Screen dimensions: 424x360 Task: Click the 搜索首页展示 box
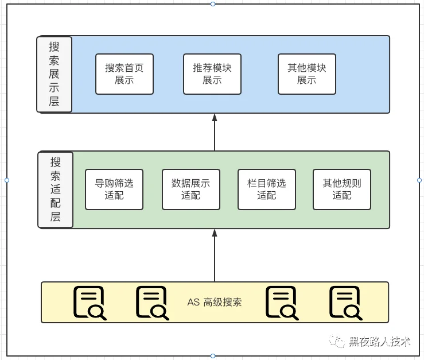click(x=125, y=74)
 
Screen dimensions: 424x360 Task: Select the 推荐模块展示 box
click(x=212, y=74)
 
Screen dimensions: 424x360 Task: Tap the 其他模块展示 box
click(x=307, y=74)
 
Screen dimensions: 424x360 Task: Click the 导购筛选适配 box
click(x=114, y=189)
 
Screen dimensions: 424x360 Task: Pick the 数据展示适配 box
click(x=191, y=189)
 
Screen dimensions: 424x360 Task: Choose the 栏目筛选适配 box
click(x=267, y=189)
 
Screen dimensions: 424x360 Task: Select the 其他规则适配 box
click(x=342, y=189)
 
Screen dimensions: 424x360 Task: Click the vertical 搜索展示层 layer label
click(x=54, y=74)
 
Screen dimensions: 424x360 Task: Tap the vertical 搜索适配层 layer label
click(x=56, y=189)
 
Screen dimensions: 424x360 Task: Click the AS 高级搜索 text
click(x=215, y=302)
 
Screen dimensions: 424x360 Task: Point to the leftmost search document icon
click(x=90, y=303)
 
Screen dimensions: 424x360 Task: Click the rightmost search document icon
click(x=346, y=303)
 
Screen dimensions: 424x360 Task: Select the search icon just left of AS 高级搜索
click(x=153, y=303)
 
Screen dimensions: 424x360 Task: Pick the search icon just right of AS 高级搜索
click(x=282, y=303)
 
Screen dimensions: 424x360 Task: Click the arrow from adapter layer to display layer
click(x=215, y=132)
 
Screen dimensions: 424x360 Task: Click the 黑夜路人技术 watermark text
click(x=380, y=342)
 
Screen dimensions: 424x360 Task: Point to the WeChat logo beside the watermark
click(x=337, y=341)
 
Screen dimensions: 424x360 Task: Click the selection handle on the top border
click(x=213, y=4)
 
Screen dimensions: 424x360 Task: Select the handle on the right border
click(x=419, y=180)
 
